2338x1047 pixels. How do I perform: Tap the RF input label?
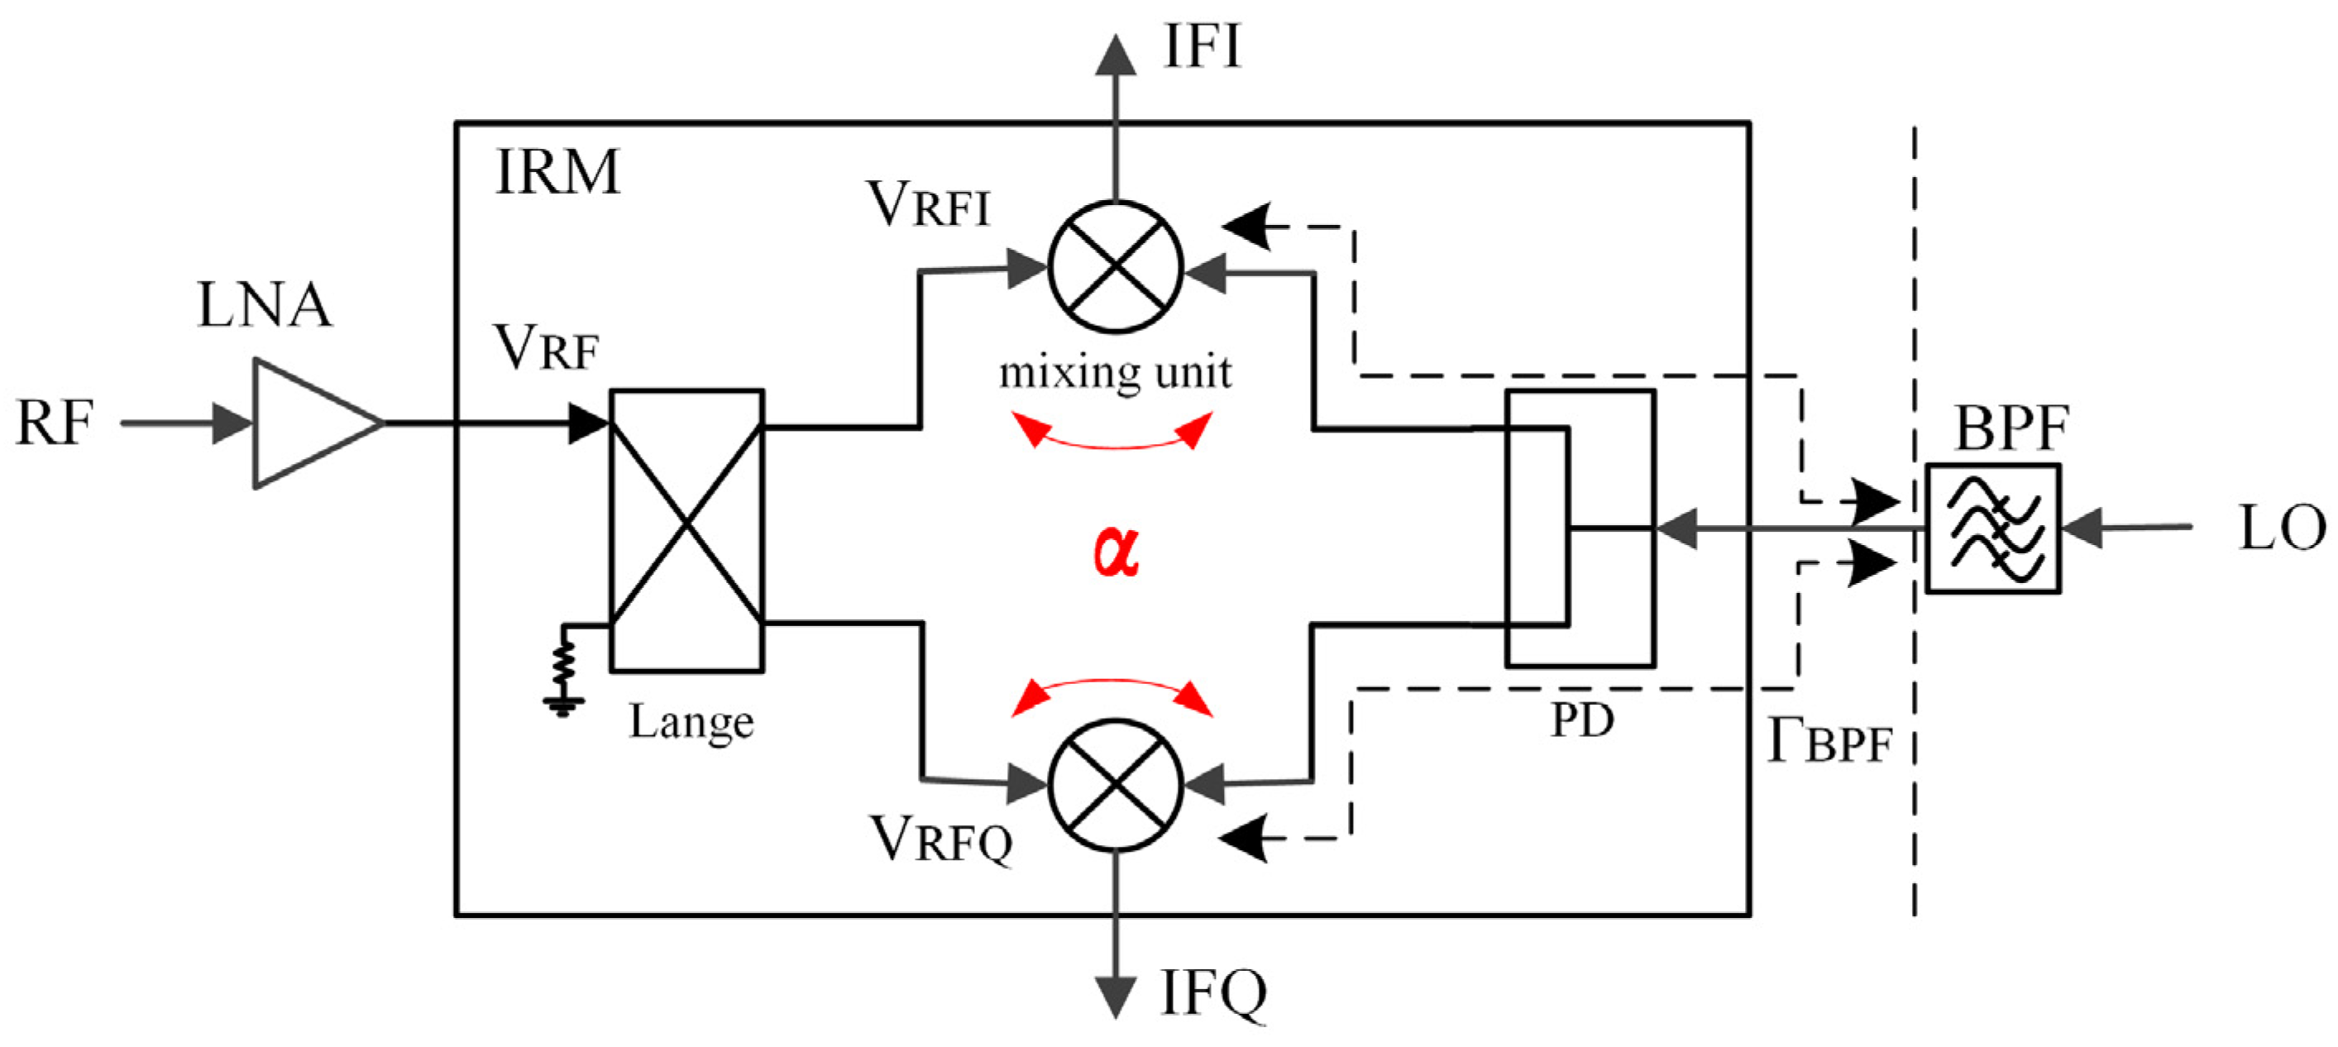point(55,423)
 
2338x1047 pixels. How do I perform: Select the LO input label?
point(2281,528)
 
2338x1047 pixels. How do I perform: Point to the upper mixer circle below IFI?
point(1116,267)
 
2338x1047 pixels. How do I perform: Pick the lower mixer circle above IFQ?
point(1116,786)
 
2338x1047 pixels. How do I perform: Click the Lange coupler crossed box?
point(687,531)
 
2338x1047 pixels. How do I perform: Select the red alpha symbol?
point(1116,551)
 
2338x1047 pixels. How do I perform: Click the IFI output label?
point(1202,47)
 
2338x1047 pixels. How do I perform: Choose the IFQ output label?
point(1212,994)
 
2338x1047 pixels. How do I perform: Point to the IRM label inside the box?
point(557,171)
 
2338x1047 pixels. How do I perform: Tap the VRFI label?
point(928,204)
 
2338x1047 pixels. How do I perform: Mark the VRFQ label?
point(940,840)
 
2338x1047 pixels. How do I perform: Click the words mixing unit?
point(1116,373)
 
